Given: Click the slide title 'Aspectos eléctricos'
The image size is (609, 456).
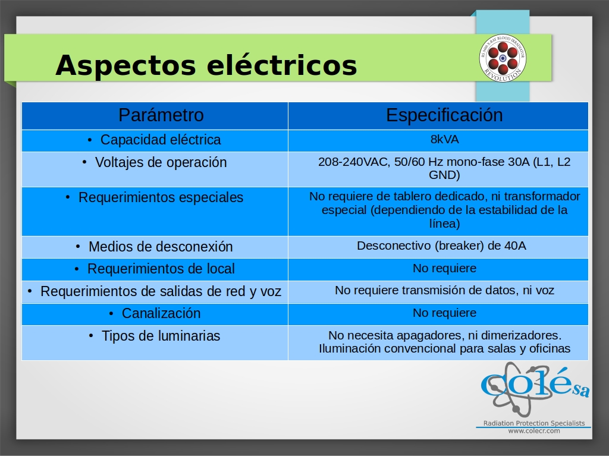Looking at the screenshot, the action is click(x=206, y=65).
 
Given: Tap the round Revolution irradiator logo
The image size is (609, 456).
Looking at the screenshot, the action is click(x=503, y=58).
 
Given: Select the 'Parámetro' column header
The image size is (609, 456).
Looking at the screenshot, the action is click(x=161, y=115).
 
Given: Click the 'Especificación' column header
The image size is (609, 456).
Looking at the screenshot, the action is click(x=444, y=115).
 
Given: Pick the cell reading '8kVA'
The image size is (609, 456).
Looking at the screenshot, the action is click(x=445, y=139).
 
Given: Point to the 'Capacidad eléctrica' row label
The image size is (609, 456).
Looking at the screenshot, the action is click(x=161, y=140).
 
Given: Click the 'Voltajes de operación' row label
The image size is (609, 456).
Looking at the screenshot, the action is click(x=161, y=162).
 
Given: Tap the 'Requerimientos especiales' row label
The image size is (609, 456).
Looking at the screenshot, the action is click(x=161, y=197).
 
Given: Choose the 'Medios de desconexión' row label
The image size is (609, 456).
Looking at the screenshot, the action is click(x=161, y=247).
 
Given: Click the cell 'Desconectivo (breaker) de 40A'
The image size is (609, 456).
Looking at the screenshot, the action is click(x=442, y=246).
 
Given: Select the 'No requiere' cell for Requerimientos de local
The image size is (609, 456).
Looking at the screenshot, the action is click(x=444, y=268).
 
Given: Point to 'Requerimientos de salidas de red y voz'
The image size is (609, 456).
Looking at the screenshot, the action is click(x=161, y=291).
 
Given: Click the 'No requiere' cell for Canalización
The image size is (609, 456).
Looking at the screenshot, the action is click(x=444, y=313).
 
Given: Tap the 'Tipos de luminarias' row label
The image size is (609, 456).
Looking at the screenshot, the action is click(x=161, y=335).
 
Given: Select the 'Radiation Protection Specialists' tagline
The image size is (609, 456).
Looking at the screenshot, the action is click(x=534, y=423).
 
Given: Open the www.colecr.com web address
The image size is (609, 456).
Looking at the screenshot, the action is click(x=534, y=430).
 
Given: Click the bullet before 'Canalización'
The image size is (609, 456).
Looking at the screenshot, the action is click(x=111, y=313).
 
